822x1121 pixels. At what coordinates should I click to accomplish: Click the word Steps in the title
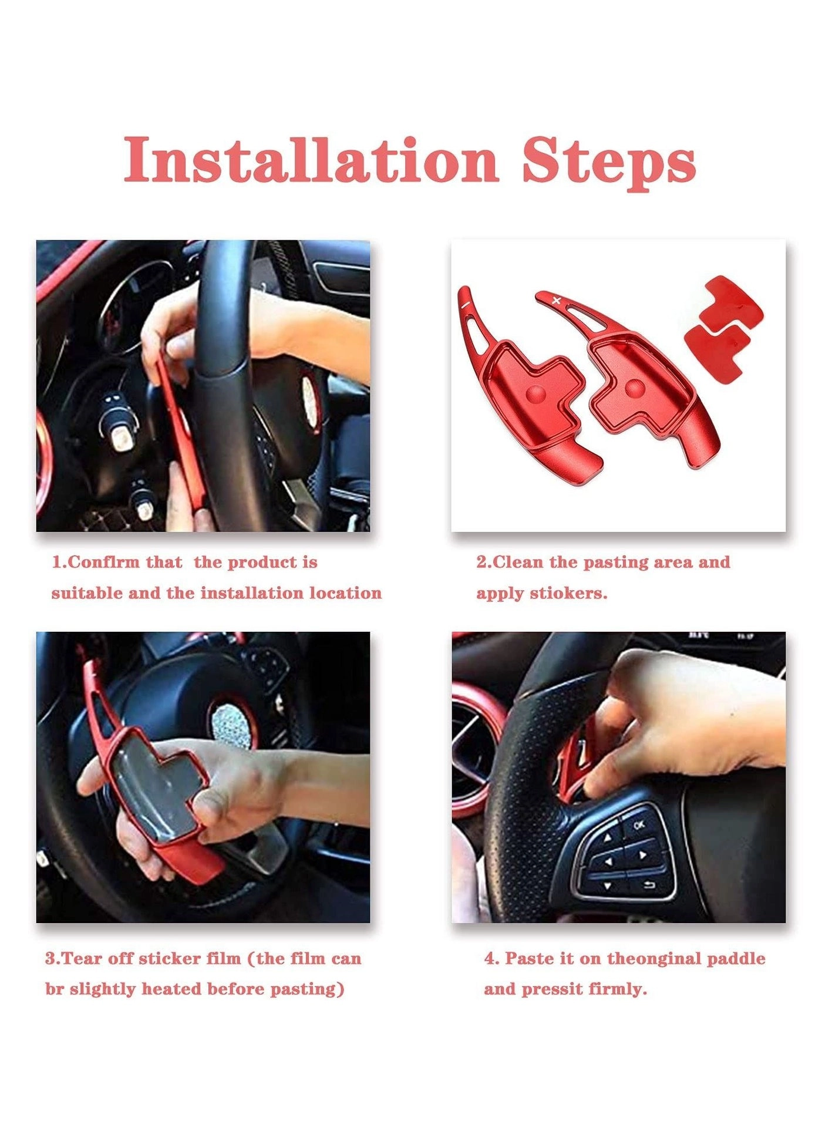tap(609, 161)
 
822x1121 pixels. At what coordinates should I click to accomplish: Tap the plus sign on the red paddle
tap(557, 301)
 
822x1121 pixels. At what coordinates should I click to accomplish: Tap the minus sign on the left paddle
tap(464, 305)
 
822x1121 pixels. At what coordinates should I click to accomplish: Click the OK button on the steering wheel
tap(639, 825)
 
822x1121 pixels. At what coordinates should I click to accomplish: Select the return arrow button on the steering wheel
tap(649, 885)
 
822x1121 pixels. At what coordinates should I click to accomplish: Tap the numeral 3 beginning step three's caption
tap(50, 959)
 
